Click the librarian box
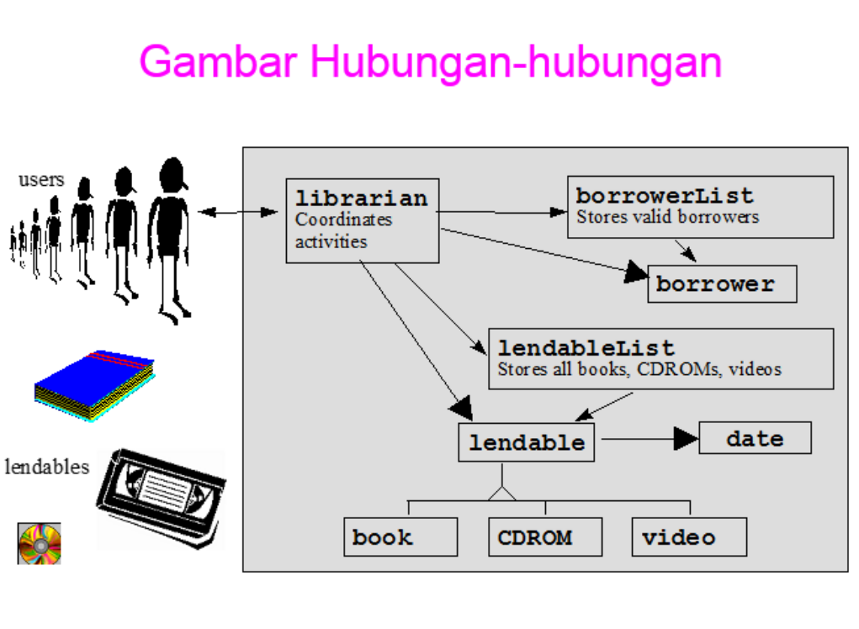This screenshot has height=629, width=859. point(362,220)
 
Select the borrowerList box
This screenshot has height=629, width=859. point(700,206)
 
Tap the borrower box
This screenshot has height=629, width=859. point(722,284)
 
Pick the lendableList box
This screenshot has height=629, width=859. point(660,358)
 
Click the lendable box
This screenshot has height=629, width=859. point(526,442)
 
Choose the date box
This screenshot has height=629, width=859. point(755,438)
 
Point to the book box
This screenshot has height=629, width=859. point(400,536)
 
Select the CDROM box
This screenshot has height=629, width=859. point(545,536)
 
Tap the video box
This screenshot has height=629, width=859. point(689,536)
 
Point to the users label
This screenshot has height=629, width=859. point(40,179)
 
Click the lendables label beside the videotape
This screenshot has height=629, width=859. point(47,467)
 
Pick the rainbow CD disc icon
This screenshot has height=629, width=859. point(40,543)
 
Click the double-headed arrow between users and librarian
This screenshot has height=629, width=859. point(239,212)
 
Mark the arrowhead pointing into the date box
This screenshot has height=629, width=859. point(687,438)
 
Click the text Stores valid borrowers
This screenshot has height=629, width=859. point(667,217)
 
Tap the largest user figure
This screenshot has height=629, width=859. point(171,236)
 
